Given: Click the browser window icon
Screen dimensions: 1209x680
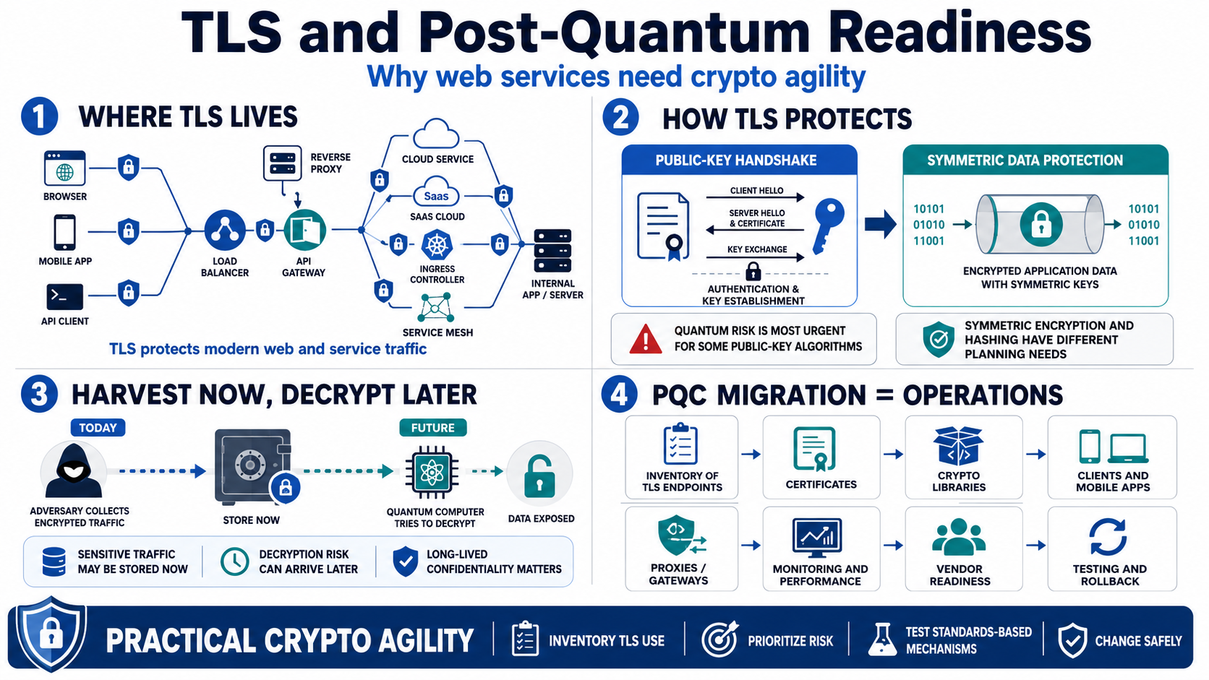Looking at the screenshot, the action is [65, 168].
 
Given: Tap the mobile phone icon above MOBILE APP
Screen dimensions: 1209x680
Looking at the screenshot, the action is [65, 233].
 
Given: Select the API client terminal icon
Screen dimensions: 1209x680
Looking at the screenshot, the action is [65, 296].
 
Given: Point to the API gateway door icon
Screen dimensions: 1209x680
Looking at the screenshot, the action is [304, 231].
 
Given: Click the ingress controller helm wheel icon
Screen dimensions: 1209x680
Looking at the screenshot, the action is [437, 245].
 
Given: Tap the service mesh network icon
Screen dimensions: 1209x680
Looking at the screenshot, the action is [435, 308].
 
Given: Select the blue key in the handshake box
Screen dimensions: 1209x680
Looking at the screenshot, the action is [829, 225].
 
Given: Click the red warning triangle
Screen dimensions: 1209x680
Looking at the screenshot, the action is [646, 339].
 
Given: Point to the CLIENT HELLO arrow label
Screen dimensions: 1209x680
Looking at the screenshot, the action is [756, 190].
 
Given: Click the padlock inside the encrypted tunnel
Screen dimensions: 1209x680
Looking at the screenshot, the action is [1041, 224].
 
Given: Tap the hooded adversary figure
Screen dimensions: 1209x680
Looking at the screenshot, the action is [74, 470].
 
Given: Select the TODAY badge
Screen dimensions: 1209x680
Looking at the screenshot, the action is [98, 428].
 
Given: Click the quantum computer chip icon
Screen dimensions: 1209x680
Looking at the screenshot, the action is [432, 473].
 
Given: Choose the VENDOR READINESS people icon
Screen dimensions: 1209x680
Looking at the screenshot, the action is [959, 537].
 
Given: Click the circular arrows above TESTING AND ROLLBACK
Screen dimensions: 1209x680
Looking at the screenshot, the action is [1108, 537].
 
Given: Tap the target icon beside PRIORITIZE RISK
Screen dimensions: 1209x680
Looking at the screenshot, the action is [720, 639].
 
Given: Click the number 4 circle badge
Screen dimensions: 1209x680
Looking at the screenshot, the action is [618, 394].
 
